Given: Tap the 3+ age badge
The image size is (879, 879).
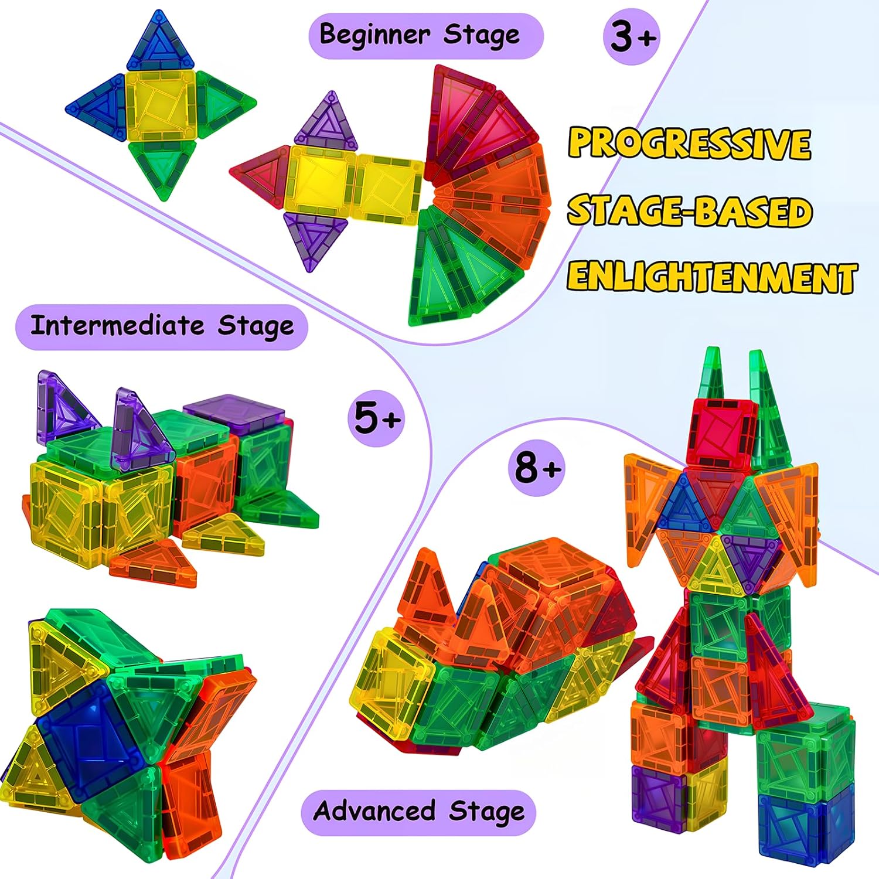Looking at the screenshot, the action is tap(632, 36).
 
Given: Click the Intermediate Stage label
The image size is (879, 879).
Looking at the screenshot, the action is tap(162, 326).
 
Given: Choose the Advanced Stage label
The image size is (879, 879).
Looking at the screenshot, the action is tap(418, 812).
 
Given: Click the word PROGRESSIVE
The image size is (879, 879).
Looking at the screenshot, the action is tap(690, 143).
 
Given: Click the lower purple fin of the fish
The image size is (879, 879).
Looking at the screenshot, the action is tap(316, 238).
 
